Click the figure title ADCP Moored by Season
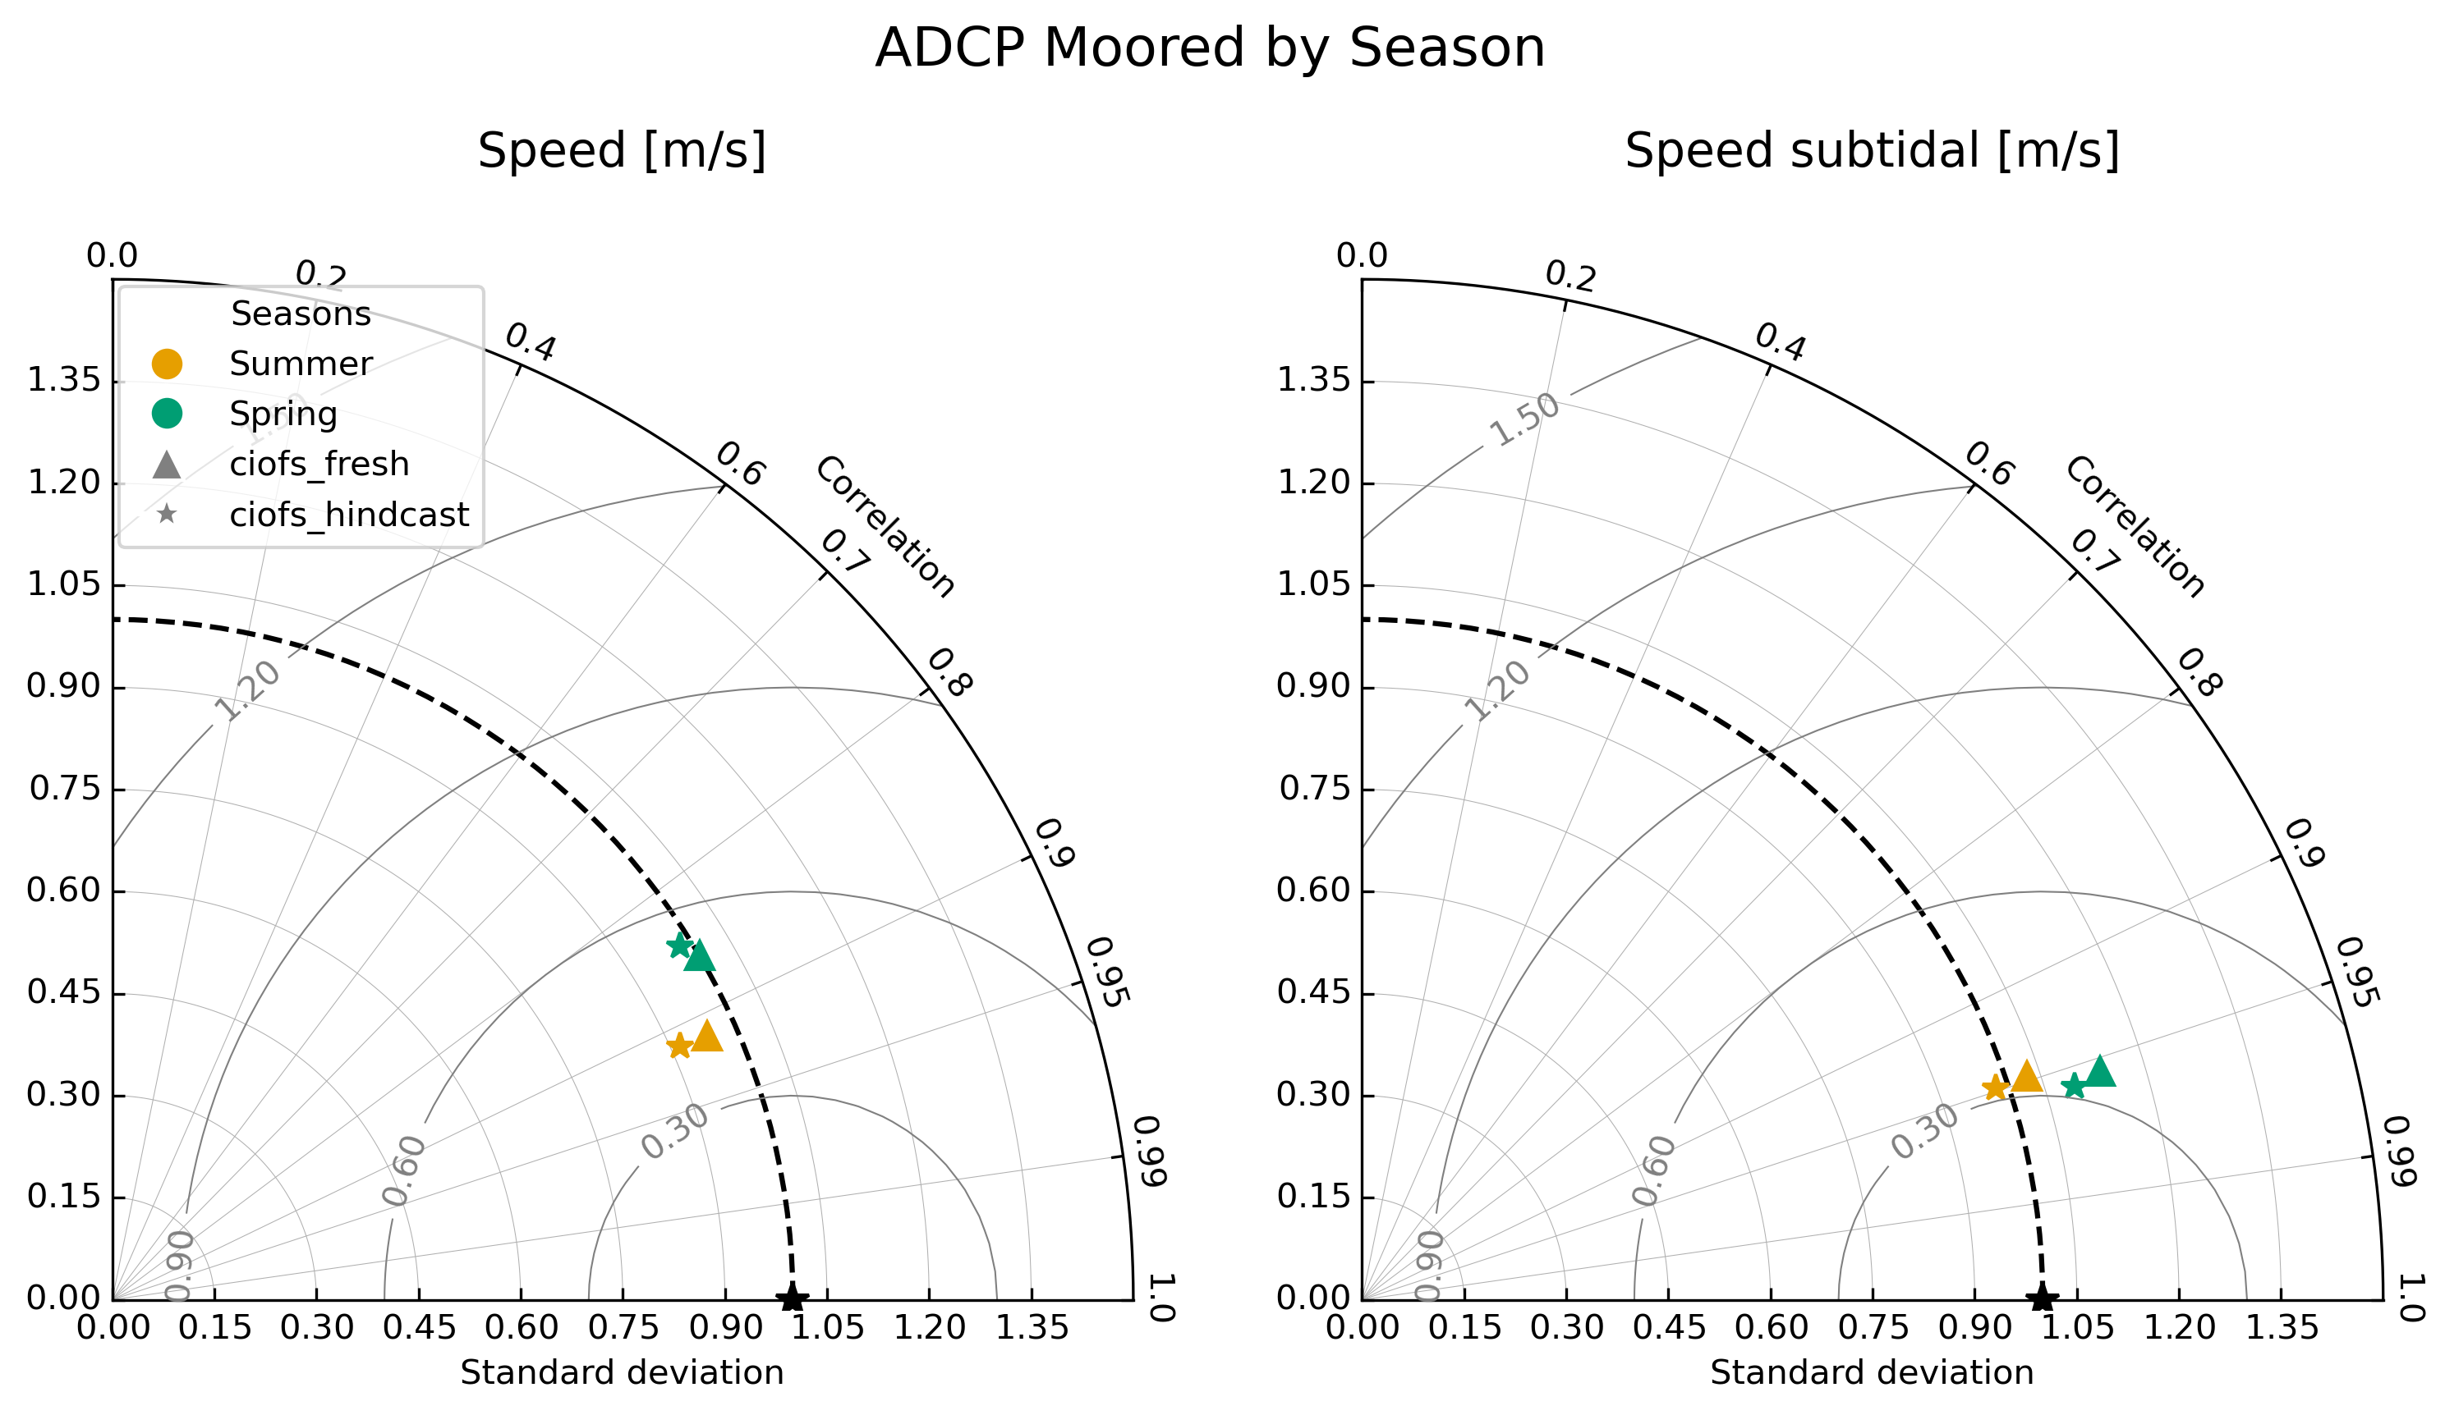coord(1209,48)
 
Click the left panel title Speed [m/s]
coord(622,151)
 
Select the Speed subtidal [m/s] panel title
coord(1872,151)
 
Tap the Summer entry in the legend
coord(300,364)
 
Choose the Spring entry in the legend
coord(283,415)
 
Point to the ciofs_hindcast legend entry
coord(348,516)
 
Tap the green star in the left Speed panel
coord(679,946)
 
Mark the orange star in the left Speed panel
coord(679,1046)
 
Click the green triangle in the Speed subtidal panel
coord(2101,1073)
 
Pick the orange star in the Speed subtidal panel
coord(1995,1088)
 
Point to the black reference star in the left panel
coord(793,1298)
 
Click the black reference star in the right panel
coord(2043,1298)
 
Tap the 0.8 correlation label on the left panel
coord(949,673)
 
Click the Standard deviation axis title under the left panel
coord(622,1373)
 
